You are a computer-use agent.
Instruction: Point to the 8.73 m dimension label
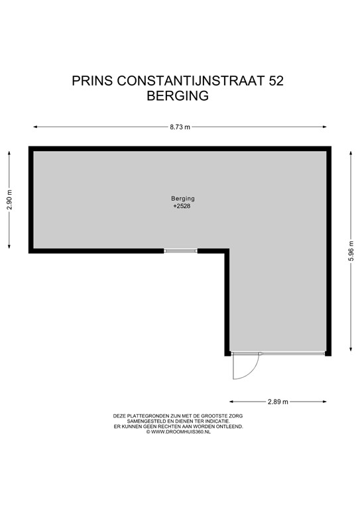click(x=180, y=127)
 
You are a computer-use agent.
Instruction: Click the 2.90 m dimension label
click(x=9, y=199)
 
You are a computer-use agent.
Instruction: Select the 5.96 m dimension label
click(x=351, y=251)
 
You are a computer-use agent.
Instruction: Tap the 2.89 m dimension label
click(x=278, y=402)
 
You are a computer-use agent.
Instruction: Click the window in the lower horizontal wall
click(x=181, y=251)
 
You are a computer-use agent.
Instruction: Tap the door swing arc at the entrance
click(x=243, y=368)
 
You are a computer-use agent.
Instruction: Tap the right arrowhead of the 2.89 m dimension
click(x=325, y=402)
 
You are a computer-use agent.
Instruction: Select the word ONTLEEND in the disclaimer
click(x=230, y=426)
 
